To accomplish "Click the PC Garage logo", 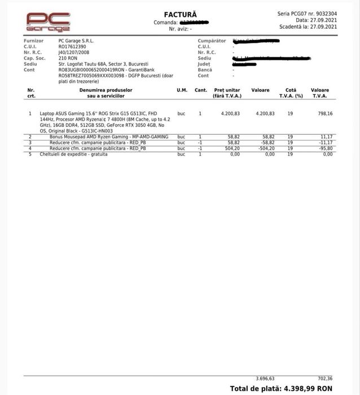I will tap(48, 21).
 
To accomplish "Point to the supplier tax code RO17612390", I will tap(74, 46).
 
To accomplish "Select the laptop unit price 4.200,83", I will tap(230, 113).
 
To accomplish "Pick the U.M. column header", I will tap(182, 90).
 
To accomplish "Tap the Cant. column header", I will tap(200, 90).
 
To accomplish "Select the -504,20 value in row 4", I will tap(266, 148).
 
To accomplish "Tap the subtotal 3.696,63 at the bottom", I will tap(265, 378).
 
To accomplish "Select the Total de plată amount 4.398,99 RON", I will tap(305, 388).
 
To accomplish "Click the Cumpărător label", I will tap(212, 41).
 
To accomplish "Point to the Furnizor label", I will tap(34, 41).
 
